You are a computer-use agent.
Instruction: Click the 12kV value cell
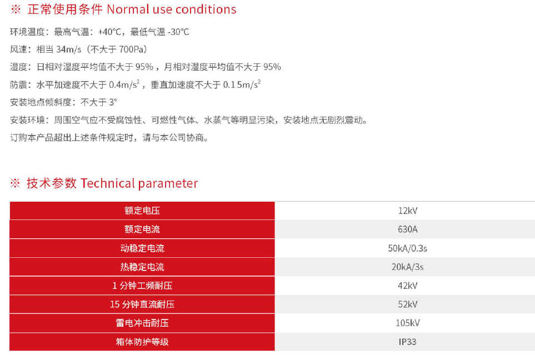pyautogui.click(x=408, y=211)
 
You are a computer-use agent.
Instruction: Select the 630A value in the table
pyautogui.click(x=408, y=229)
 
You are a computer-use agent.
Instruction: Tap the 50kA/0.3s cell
pyautogui.click(x=408, y=248)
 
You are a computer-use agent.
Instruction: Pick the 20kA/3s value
pyautogui.click(x=408, y=267)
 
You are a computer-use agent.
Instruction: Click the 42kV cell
pyautogui.click(x=408, y=286)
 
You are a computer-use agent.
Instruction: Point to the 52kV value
pyautogui.click(x=408, y=304)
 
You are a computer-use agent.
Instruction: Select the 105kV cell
pyautogui.click(x=408, y=323)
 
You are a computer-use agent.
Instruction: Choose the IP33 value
pyautogui.click(x=408, y=342)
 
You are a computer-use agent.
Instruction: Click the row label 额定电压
pyautogui.click(x=142, y=211)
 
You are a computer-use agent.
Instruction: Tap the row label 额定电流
pyautogui.click(x=142, y=229)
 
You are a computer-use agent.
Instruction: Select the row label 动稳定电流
pyautogui.click(x=142, y=248)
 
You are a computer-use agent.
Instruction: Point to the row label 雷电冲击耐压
pyautogui.click(x=142, y=323)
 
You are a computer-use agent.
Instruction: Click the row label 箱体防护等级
pyautogui.click(x=142, y=342)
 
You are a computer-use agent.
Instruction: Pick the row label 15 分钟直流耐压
pyautogui.click(x=142, y=304)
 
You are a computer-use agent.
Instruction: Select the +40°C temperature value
pyautogui.click(x=109, y=32)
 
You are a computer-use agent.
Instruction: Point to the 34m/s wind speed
pyautogui.click(x=68, y=50)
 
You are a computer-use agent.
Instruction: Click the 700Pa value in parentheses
pyautogui.click(x=131, y=50)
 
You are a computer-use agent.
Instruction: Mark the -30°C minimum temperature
pyautogui.click(x=178, y=32)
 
